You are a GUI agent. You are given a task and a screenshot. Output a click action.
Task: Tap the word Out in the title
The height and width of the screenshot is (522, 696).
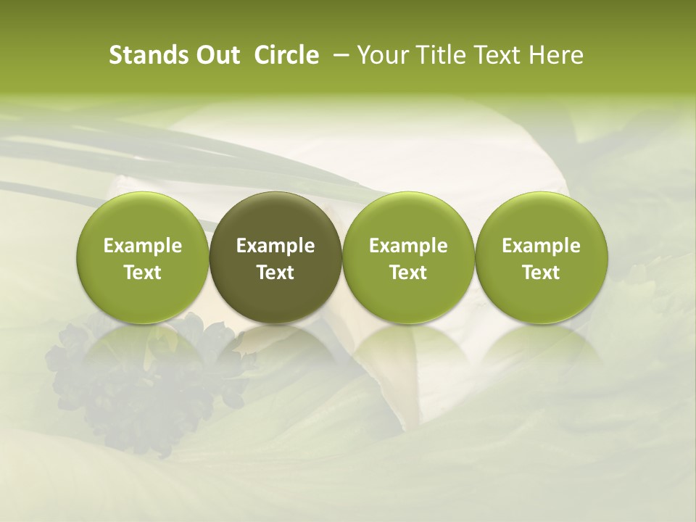tap(215, 55)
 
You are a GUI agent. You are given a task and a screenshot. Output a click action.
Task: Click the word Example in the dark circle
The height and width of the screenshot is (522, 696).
tap(275, 246)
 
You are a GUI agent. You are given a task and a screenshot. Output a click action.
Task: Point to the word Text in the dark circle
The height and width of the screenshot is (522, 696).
tap(275, 273)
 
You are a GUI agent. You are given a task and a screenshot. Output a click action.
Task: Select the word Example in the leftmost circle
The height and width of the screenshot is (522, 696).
tap(143, 246)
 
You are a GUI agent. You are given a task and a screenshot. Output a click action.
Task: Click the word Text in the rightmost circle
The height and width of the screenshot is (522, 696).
tap(541, 273)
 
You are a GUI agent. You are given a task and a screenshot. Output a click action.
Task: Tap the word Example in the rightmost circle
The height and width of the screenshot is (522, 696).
tap(541, 246)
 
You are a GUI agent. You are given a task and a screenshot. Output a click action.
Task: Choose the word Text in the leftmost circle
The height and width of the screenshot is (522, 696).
tap(143, 273)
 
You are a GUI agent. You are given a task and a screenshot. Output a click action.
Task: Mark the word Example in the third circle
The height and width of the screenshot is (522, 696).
tap(408, 246)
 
